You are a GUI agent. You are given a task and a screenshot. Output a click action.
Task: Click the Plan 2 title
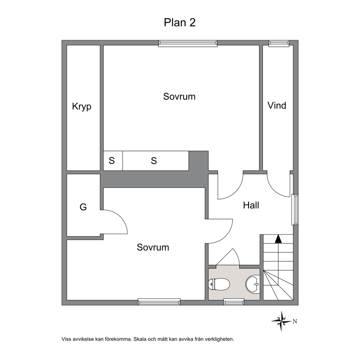coord(180,22)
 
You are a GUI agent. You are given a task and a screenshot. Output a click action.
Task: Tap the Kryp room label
coord(82,107)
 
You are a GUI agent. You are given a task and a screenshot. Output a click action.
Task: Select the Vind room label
coord(277,106)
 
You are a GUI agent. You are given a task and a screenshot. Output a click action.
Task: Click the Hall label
coord(251,205)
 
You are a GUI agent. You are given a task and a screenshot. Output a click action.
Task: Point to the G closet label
coord(83,207)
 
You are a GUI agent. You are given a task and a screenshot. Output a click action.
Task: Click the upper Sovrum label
coord(179,97)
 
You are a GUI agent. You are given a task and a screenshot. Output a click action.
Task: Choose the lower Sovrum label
coord(153,247)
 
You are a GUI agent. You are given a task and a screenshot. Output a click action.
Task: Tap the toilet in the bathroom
coord(219,284)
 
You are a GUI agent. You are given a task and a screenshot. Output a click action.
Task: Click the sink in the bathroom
coord(253,284)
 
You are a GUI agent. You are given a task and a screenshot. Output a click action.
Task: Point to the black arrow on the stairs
coord(278,239)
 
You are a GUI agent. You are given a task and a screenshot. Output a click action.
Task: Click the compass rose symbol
coord(282,321)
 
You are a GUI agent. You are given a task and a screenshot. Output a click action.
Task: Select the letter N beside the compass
coord(295,322)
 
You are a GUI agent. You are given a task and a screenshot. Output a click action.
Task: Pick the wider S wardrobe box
coord(156,161)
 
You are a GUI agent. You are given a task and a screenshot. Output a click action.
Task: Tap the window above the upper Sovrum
coord(188,44)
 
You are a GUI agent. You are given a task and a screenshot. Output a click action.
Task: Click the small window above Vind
coord(279,44)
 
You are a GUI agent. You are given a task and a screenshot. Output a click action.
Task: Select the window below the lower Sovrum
coord(159,302)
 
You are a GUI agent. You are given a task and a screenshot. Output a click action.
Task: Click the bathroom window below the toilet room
coord(234,302)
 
